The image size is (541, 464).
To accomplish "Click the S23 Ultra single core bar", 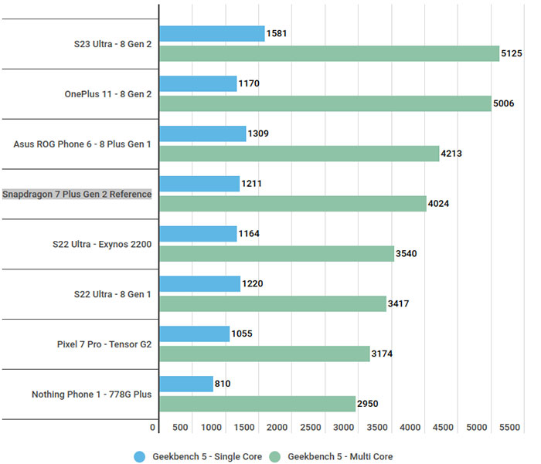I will (212, 33).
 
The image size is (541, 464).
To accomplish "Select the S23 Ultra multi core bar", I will (329, 53).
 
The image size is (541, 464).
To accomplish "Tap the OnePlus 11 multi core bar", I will (325, 103).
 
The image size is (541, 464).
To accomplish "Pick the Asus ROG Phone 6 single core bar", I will (202, 134).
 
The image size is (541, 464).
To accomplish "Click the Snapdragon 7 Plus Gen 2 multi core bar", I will (292, 203).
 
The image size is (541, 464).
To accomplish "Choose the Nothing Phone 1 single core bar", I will (186, 384).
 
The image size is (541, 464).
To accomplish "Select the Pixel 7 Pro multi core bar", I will (264, 354).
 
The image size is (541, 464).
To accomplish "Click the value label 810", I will (223, 384).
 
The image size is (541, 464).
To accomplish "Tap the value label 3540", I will (410, 253).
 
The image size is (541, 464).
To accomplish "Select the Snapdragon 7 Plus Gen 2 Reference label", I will (77, 194).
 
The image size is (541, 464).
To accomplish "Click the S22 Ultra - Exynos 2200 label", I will (97, 244).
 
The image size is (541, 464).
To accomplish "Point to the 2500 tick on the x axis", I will (311, 428).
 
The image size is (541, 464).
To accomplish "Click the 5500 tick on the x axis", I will (508, 428).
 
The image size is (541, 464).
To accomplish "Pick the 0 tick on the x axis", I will (154, 428).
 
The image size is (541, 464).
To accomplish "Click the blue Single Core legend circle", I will (140, 456).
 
